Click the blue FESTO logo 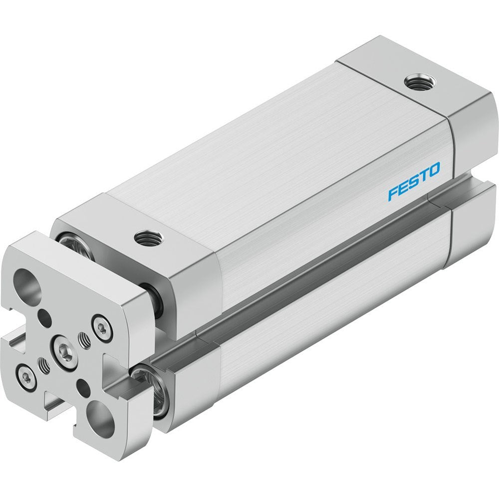pyautogui.click(x=414, y=182)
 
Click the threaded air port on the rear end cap pyautogui.click(x=417, y=84)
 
